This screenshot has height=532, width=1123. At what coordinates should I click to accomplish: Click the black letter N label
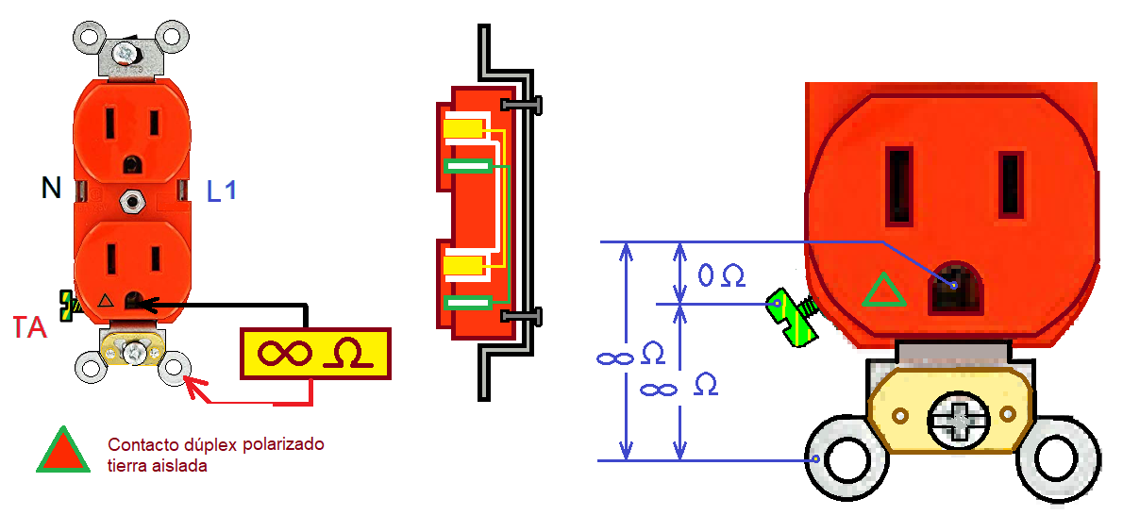coord(51,189)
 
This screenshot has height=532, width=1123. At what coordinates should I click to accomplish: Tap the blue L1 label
coord(222,191)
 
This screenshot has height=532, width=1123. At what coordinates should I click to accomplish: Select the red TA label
coord(30,328)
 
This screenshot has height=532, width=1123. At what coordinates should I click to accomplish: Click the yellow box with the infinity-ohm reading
coord(316,354)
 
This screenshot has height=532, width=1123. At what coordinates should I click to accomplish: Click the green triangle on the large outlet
coord(884,291)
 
